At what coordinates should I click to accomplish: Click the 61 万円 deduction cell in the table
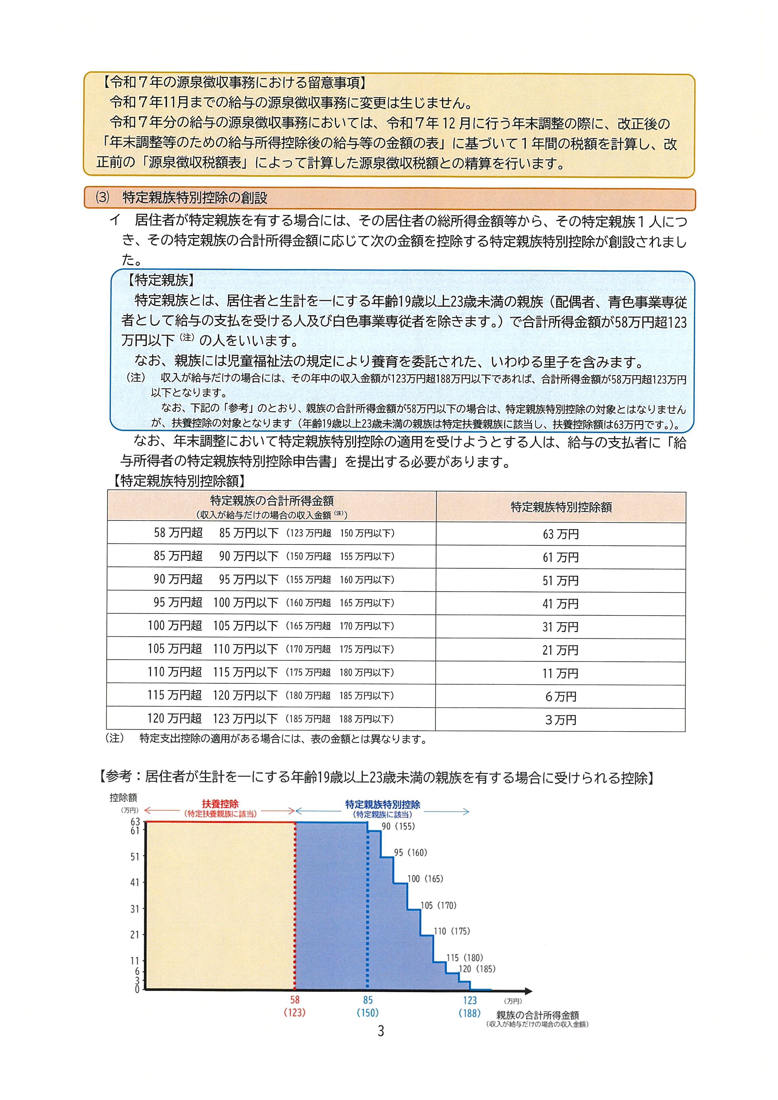coord(560,557)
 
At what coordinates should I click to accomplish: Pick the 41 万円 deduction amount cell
coord(560,604)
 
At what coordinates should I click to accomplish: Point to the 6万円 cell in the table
coord(560,697)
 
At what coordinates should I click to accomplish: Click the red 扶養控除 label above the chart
coord(220,804)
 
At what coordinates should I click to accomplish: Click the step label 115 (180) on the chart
coord(465,958)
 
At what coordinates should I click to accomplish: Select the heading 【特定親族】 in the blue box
coord(160,280)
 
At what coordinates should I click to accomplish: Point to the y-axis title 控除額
coord(123,798)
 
